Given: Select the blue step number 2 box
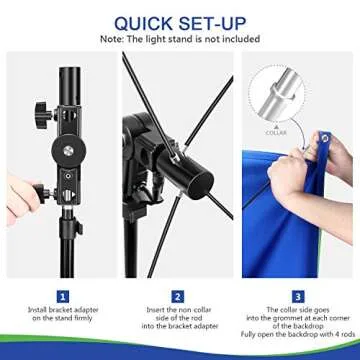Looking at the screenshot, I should (x=178, y=296).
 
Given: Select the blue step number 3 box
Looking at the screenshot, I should (x=298, y=296).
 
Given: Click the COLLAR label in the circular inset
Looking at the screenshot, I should (x=275, y=131).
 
